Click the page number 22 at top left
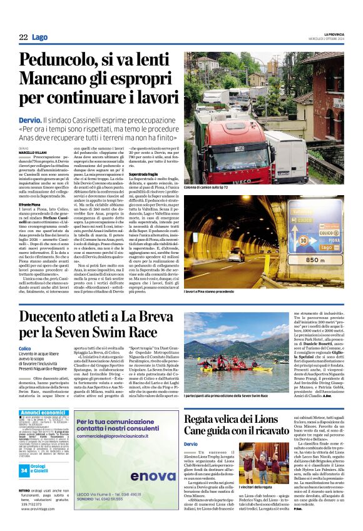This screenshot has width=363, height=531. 23,38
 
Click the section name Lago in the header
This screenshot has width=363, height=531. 39,38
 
